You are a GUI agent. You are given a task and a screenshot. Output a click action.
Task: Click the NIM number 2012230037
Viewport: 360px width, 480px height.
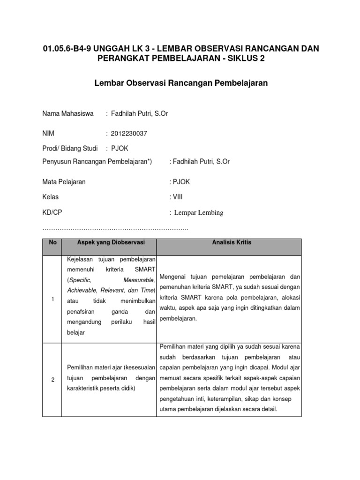click(x=129, y=134)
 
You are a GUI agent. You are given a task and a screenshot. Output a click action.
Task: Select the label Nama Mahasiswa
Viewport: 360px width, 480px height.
click(x=68, y=113)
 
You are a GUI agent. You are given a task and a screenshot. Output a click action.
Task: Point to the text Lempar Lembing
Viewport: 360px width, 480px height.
click(x=199, y=213)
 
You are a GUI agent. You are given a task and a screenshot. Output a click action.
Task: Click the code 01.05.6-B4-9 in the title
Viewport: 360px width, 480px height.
click(x=68, y=49)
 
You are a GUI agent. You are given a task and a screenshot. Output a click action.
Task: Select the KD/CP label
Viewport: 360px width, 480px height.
click(x=52, y=212)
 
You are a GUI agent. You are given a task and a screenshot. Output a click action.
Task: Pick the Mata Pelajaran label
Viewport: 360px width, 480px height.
click(x=64, y=182)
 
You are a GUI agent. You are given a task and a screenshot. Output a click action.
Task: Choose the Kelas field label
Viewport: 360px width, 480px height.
click(x=51, y=197)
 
